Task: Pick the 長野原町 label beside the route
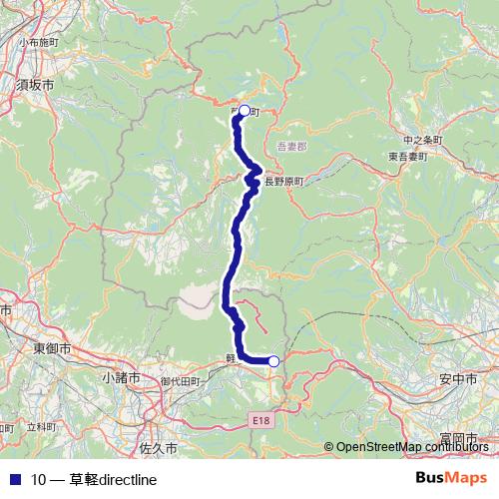click(x=281, y=181)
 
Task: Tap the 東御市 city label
click(x=51, y=348)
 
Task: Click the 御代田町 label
click(x=180, y=381)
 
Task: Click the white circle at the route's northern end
click(x=244, y=112)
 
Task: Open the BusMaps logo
click(x=451, y=479)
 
